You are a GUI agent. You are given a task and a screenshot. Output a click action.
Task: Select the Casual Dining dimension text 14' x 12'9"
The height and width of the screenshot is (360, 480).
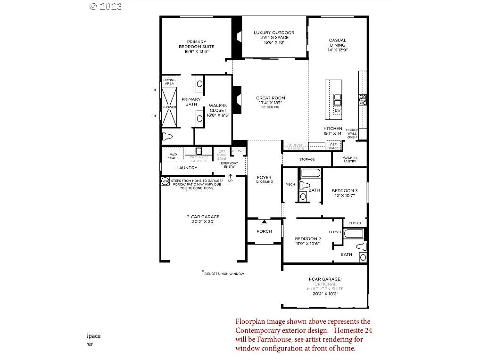[338, 50]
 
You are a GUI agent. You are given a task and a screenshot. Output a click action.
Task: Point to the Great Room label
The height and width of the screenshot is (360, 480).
[271, 98]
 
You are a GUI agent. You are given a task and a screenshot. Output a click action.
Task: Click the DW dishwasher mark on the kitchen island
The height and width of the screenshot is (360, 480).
[337, 111]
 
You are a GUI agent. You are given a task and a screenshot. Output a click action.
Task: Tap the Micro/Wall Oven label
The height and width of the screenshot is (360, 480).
[352, 133]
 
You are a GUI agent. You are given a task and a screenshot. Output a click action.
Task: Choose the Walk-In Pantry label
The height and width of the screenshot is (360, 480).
[349, 159]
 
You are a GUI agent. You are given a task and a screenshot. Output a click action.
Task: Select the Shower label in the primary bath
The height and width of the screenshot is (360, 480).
[169, 107]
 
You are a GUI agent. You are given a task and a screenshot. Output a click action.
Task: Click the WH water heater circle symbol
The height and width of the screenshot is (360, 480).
[165, 181]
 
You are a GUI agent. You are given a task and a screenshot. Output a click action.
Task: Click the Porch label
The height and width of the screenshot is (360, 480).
[264, 231]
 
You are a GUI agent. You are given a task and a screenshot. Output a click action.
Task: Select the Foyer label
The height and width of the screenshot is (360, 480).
[264, 178]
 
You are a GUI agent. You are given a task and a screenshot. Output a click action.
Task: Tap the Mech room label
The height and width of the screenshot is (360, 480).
[290, 184]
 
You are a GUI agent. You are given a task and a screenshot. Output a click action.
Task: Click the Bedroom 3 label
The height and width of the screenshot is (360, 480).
[344, 191]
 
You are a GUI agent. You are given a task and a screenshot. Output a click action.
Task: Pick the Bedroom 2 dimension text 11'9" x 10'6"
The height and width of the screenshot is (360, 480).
[307, 244]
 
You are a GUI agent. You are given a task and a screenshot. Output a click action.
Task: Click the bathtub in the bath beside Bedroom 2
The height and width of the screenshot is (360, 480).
[354, 233]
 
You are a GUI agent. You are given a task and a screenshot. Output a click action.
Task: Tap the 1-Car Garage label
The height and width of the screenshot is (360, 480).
[325, 279]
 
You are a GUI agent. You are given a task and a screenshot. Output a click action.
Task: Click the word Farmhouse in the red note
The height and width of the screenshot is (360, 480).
[265, 339]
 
